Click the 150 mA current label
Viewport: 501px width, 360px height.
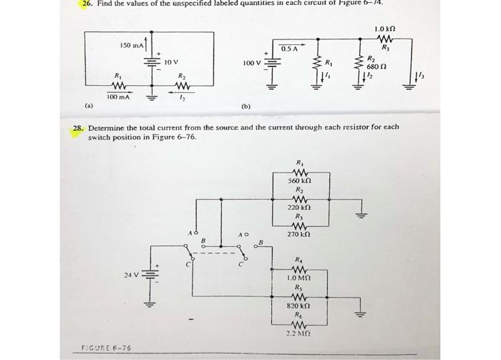click(131, 46)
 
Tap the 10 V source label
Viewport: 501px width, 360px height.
click(172, 62)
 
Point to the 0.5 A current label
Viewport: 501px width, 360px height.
click(290, 48)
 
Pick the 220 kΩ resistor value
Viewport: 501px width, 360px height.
click(298, 208)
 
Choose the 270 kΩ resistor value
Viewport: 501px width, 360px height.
click(298, 234)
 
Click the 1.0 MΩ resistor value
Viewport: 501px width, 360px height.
click(298, 278)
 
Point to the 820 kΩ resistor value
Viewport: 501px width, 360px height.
click(298, 305)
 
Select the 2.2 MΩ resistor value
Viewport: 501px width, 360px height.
click(298, 332)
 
